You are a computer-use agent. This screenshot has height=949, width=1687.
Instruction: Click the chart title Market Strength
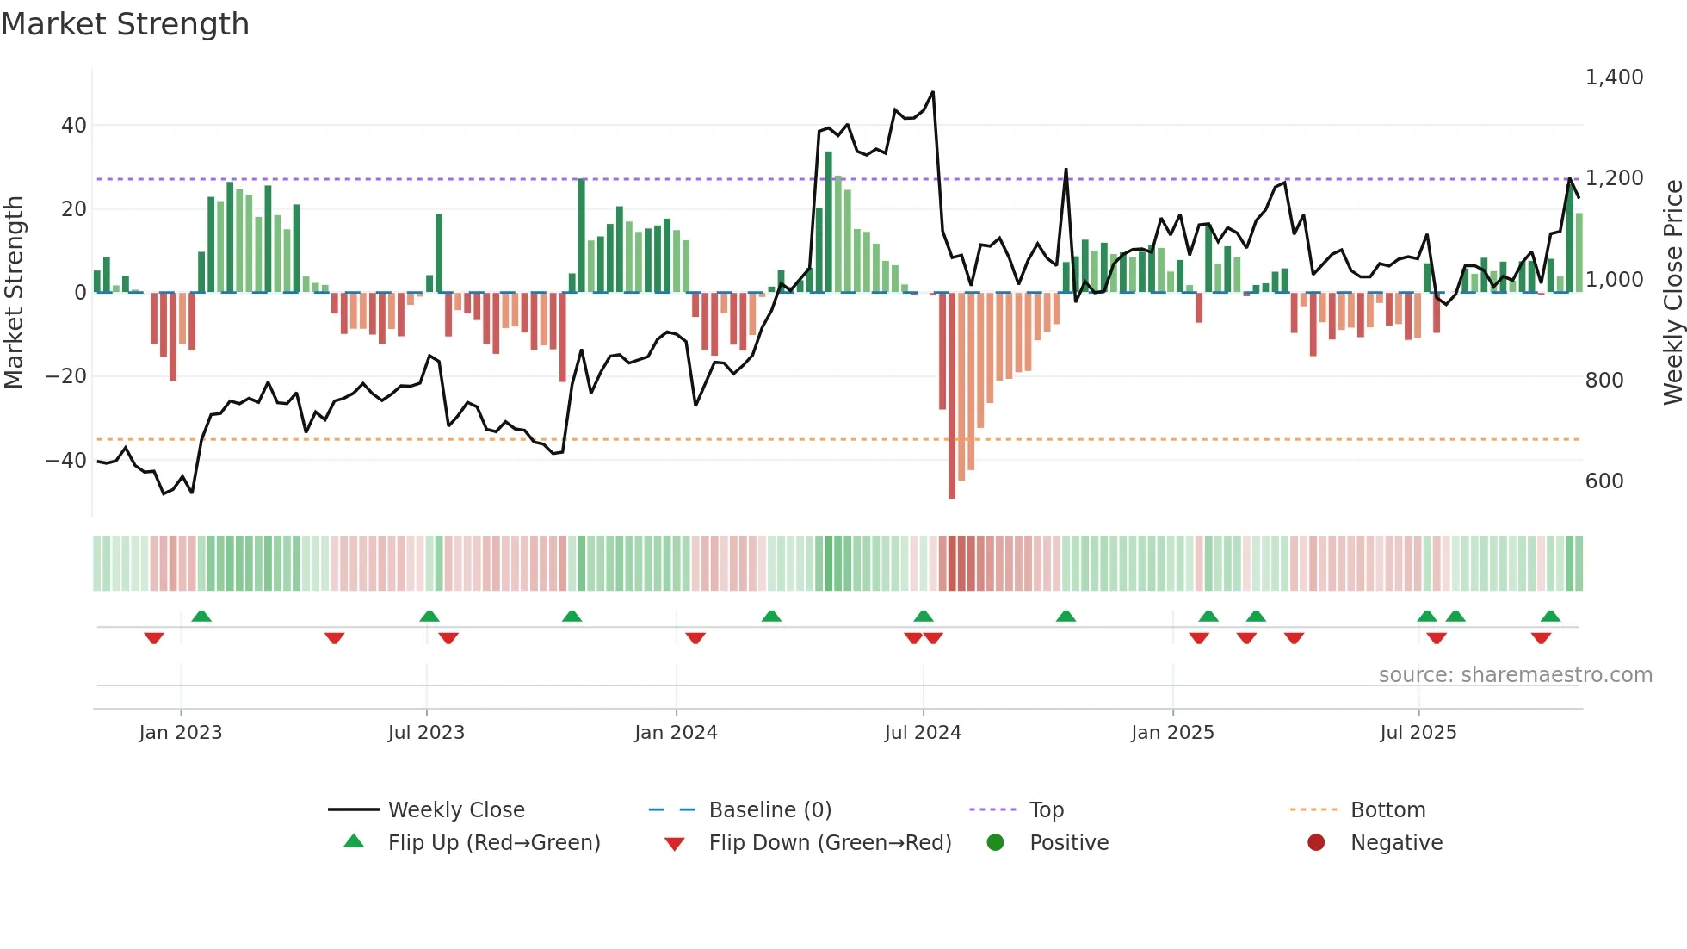pos(125,24)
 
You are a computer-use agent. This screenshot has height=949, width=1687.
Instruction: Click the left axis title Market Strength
pos(14,292)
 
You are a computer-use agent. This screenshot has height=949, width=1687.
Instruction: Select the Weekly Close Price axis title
pos(1672,292)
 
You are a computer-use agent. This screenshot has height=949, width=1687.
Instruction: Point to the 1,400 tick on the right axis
pos(1614,78)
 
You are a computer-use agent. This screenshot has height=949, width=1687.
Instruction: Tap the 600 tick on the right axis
pos(1604,481)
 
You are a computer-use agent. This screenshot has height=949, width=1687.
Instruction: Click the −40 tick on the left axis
pos(66,461)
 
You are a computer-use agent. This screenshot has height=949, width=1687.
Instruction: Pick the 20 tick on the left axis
pos(74,209)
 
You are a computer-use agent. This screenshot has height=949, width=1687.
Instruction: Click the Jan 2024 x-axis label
pos(676,733)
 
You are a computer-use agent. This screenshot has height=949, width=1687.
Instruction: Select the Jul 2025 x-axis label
pos(1418,733)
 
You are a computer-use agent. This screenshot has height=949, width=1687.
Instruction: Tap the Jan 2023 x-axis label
pos(181,733)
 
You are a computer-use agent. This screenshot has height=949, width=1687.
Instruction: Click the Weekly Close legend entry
pos(455,810)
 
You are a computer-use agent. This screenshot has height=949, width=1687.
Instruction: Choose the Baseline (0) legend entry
pos(769,810)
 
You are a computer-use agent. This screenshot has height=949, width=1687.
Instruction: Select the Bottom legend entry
pos(1387,810)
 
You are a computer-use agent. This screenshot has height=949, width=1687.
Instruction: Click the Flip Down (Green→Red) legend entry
pos(830,843)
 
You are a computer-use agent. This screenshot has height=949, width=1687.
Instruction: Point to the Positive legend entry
pos(1068,843)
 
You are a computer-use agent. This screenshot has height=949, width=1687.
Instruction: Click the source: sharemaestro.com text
pos(1515,675)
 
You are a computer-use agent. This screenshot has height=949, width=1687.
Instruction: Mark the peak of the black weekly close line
pos(932,92)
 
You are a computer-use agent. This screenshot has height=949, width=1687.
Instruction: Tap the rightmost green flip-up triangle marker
pos(1550,617)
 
